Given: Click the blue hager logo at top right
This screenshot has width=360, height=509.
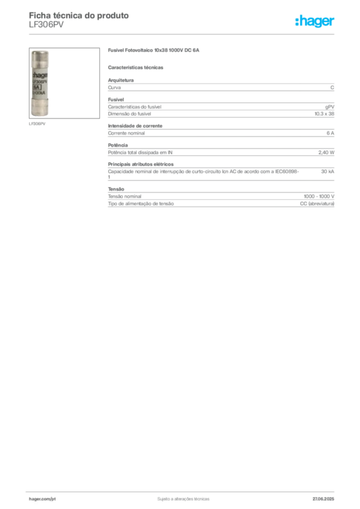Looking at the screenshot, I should coord(315,22).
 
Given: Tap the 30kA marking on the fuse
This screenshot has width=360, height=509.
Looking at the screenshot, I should coord(38,92).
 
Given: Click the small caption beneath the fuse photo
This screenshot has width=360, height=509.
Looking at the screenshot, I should coord(38,124).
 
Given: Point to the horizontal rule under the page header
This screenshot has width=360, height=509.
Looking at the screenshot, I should coord(183,34).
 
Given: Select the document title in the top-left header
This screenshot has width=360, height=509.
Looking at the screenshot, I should coord(80,16).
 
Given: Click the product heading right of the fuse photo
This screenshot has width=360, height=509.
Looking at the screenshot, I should coord(155,51).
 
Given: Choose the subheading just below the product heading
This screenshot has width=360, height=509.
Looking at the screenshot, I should coord(137,67).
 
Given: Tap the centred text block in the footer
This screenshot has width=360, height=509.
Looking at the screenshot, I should coord(183,498).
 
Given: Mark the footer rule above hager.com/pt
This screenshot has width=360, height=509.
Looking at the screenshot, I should coord(183,491).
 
